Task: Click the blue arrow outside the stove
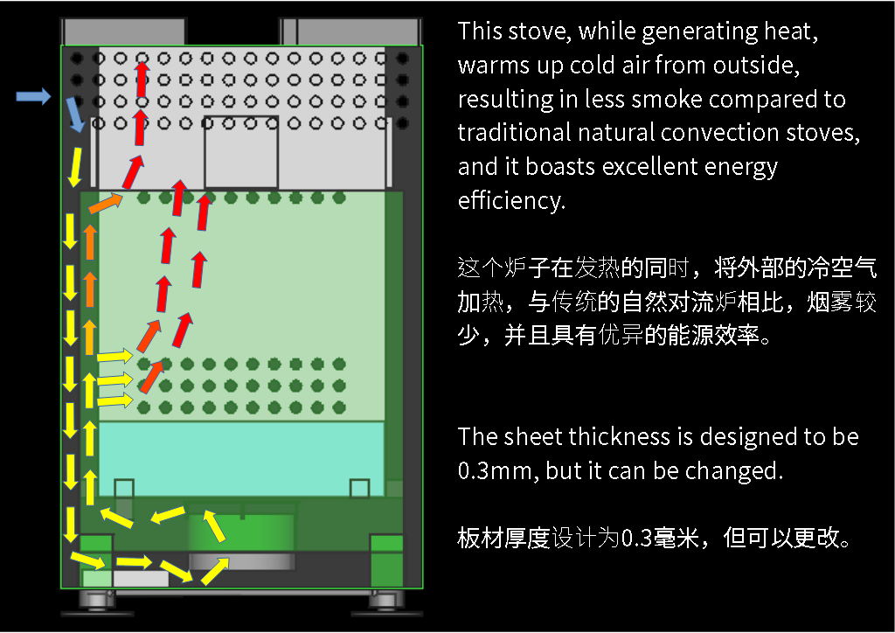tap(33, 96)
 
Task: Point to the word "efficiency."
tap(511, 200)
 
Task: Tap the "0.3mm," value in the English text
tap(495, 470)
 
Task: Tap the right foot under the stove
tap(385, 602)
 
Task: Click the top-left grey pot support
tap(122, 31)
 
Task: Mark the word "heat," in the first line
tap(794, 31)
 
